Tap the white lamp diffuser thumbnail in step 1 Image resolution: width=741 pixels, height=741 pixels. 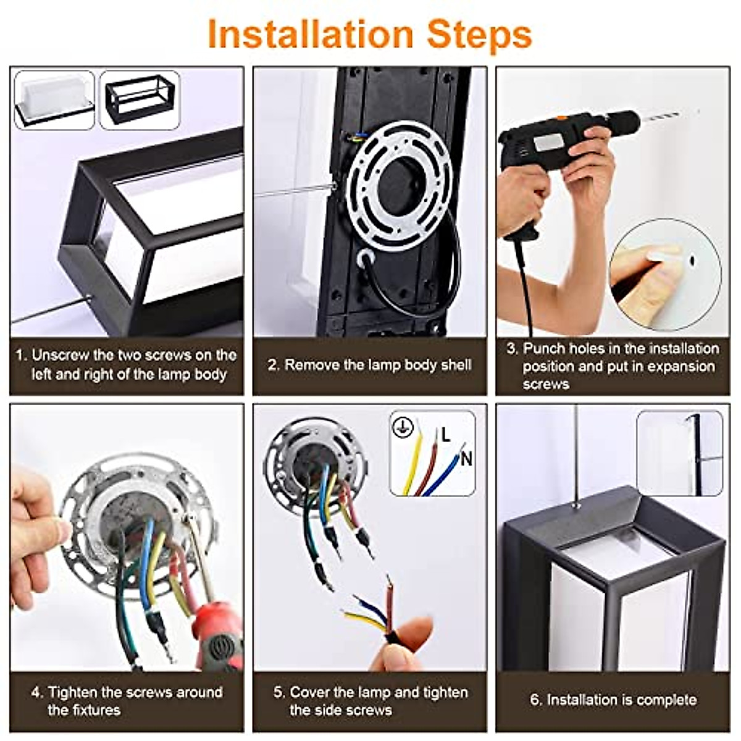coord(54,99)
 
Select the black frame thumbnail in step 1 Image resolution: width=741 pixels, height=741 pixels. coord(140,99)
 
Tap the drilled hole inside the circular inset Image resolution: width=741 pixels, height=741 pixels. coord(692,261)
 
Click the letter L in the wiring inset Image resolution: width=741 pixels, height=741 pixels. coord(445,435)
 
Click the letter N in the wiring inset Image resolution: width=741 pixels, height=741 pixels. coord(466,459)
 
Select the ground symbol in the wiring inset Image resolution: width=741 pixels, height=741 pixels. coord(403,427)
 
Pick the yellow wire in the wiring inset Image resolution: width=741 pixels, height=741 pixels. coord(412,461)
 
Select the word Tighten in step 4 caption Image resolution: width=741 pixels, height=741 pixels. coord(73,692)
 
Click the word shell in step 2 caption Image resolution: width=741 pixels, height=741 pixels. coord(456,364)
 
